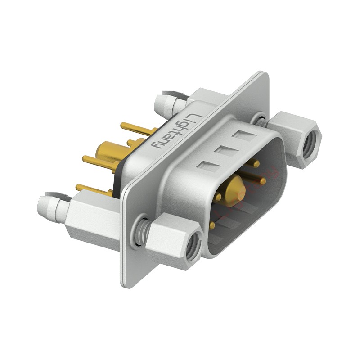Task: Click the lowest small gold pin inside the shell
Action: point(212,224)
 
